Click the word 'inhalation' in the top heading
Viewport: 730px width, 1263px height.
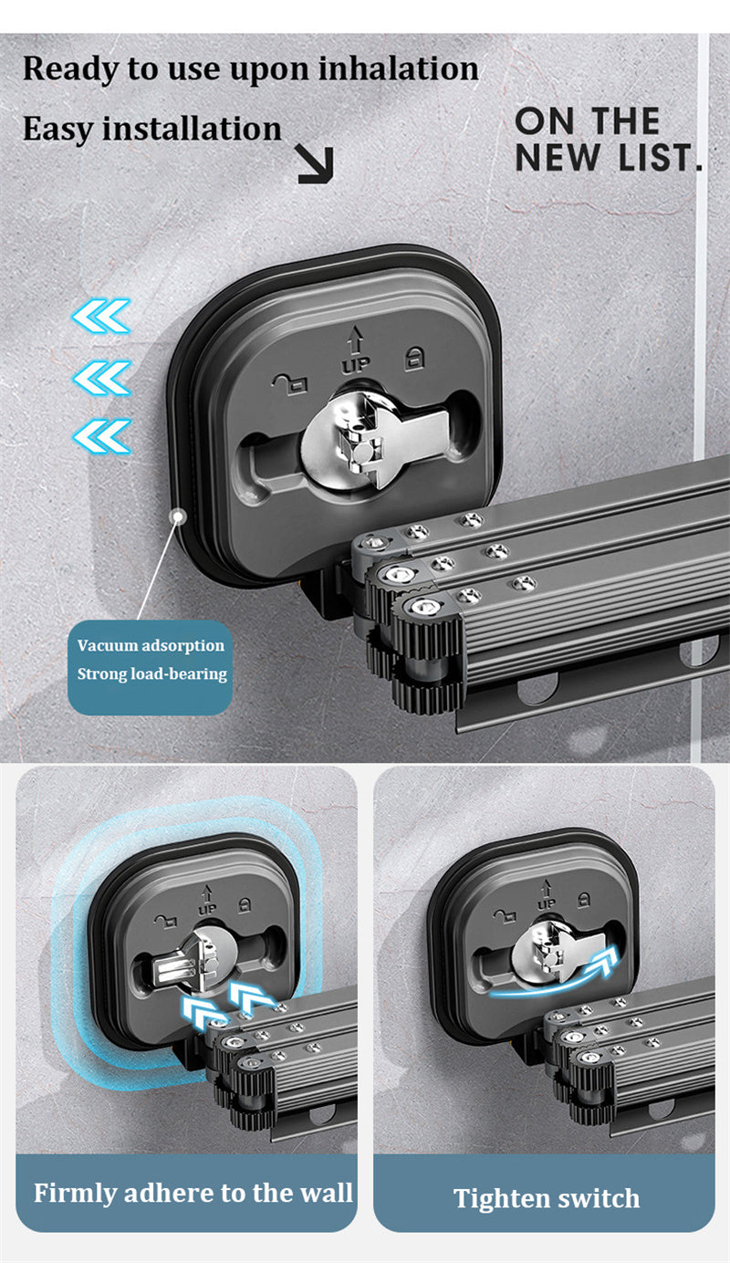click(398, 68)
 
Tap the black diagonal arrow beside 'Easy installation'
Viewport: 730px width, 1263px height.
click(316, 164)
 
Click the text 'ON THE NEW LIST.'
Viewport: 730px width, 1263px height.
click(609, 140)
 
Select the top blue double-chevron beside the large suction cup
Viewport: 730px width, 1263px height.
click(101, 316)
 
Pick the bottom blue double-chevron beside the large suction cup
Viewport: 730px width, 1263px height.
click(102, 436)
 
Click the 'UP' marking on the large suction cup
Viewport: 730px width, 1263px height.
click(355, 365)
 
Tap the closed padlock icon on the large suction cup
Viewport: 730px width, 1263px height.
click(415, 358)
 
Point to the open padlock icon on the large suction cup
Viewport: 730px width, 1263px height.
click(289, 384)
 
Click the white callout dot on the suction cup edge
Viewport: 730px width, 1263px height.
click(179, 515)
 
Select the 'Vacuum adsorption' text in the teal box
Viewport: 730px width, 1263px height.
click(151, 645)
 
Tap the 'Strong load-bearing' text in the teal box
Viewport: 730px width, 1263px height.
click(152, 673)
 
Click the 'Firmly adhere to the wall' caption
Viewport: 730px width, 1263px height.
click(193, 1193)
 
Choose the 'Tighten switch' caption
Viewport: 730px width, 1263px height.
click(547, 1198)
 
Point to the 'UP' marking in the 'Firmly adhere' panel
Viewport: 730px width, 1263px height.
click(207, 909)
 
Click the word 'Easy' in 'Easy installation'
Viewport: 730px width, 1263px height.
click(57, 129)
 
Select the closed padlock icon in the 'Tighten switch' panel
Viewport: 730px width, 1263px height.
click(584, 899)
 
